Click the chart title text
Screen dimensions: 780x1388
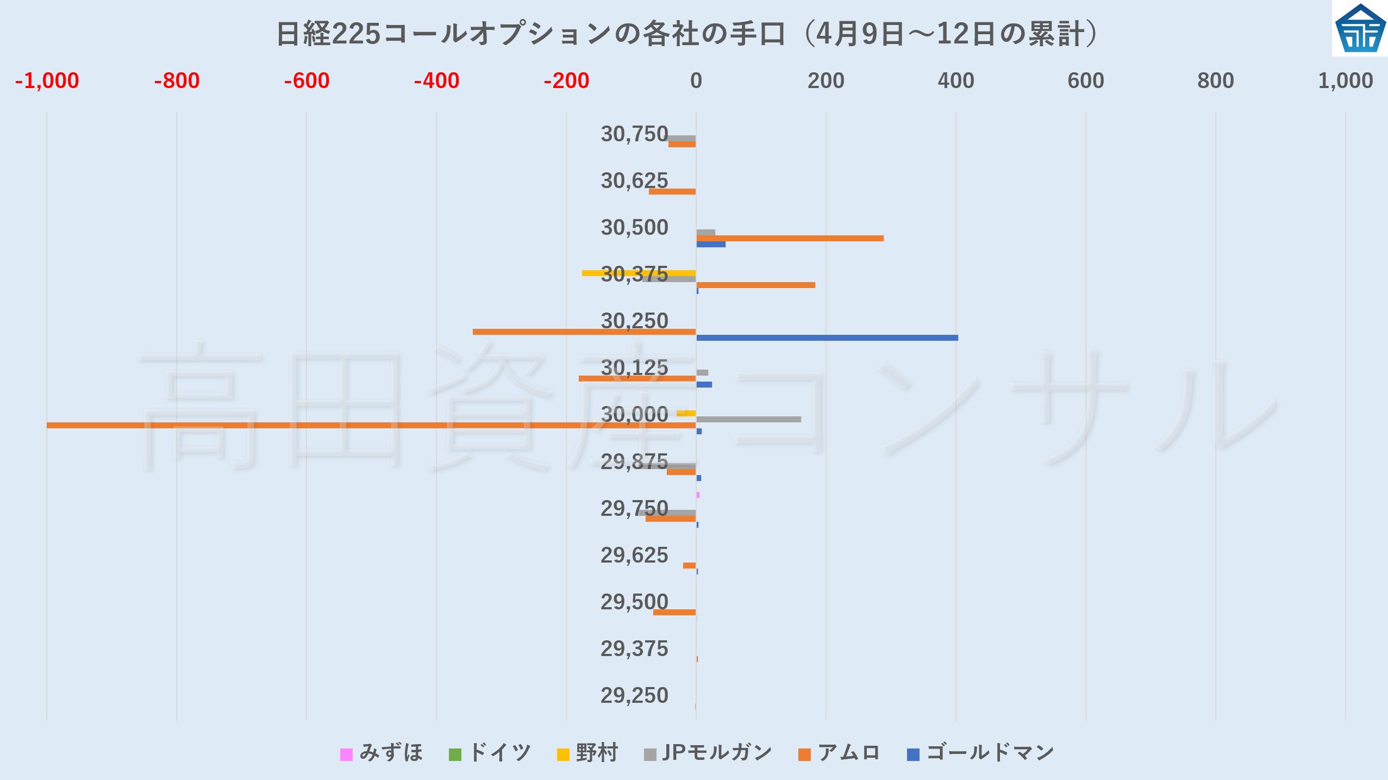click(687, 34)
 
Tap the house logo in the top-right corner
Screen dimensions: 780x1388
click(1360, 28)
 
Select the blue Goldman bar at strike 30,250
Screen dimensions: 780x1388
click(827, 338)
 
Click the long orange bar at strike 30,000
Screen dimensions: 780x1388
click(371, 425)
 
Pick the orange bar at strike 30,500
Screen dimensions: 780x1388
click(790, 238)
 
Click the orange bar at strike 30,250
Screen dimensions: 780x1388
click(584, 332)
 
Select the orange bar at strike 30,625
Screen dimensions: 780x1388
click(672, 191)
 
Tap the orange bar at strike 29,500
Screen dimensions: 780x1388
click(674, 613)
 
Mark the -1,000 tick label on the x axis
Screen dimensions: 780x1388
click(47, 81)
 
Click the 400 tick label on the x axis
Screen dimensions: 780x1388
click(955, 81)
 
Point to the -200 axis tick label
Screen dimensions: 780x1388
click(566, 81)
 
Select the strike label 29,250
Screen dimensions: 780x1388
click(634, 696)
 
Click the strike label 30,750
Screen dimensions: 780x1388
click(634, 134)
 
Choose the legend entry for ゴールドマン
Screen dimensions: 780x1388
click(981, 753)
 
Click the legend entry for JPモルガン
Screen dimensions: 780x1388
click(708, 753)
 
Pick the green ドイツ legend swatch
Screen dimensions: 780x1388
click(455, 754)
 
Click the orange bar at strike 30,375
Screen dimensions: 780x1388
click(755, 285)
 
